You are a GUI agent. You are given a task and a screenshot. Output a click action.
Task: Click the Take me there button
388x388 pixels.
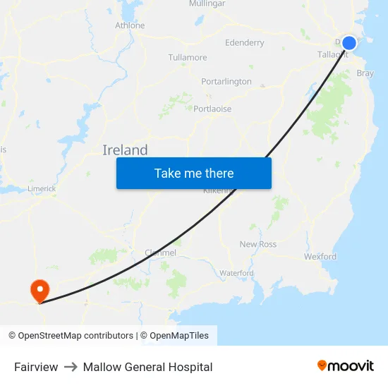click(194, 173)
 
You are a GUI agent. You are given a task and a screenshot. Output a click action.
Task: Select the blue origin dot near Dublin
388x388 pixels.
click(348, 43)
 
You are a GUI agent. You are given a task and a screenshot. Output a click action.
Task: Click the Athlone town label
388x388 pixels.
click(130, 25)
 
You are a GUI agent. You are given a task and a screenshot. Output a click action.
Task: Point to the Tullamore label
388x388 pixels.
click(188, 57)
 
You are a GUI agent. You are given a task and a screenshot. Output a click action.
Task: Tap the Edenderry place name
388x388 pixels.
click(245, 43)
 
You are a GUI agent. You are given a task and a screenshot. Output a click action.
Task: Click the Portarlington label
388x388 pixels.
click(226, 82)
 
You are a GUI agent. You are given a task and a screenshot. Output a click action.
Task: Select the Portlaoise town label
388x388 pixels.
click(212, 109)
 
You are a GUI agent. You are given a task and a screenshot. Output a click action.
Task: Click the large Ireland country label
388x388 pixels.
click(125, 150)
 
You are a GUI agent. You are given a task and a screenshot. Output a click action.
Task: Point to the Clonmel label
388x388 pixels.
click(160, 253)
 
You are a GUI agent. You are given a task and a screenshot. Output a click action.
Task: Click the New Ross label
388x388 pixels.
click(258, 244)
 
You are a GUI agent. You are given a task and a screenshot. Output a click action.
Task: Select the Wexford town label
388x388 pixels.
click(320, 257)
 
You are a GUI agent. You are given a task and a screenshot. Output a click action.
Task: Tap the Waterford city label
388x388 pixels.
click(236, 273)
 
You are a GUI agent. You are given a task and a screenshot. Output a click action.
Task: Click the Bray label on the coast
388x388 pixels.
click(365, 73)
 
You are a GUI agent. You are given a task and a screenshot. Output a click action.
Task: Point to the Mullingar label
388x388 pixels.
click(207, 4)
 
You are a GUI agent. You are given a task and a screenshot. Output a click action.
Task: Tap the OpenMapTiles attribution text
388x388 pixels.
click(174, 336)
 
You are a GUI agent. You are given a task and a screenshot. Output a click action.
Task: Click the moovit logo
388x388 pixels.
click(346, 366)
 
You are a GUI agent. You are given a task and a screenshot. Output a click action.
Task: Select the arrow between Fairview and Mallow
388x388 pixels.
click(71, 367)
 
